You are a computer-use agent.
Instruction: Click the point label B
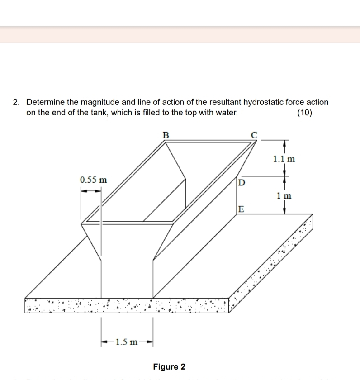(x=166, y=134)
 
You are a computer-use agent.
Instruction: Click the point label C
(x=254, y=134)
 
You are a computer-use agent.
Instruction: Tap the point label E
(x=242, y=209)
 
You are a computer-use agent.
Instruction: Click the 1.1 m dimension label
(x=284, y=159)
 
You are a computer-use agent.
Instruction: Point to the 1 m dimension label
(x=284, y=196)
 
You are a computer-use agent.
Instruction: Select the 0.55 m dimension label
(x=94, y=180)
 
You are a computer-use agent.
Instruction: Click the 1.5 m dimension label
(x=127, y=341)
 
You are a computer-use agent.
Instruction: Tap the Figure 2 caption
(x=169, y=366)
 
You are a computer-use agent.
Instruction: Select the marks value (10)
(x=304, y=113)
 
